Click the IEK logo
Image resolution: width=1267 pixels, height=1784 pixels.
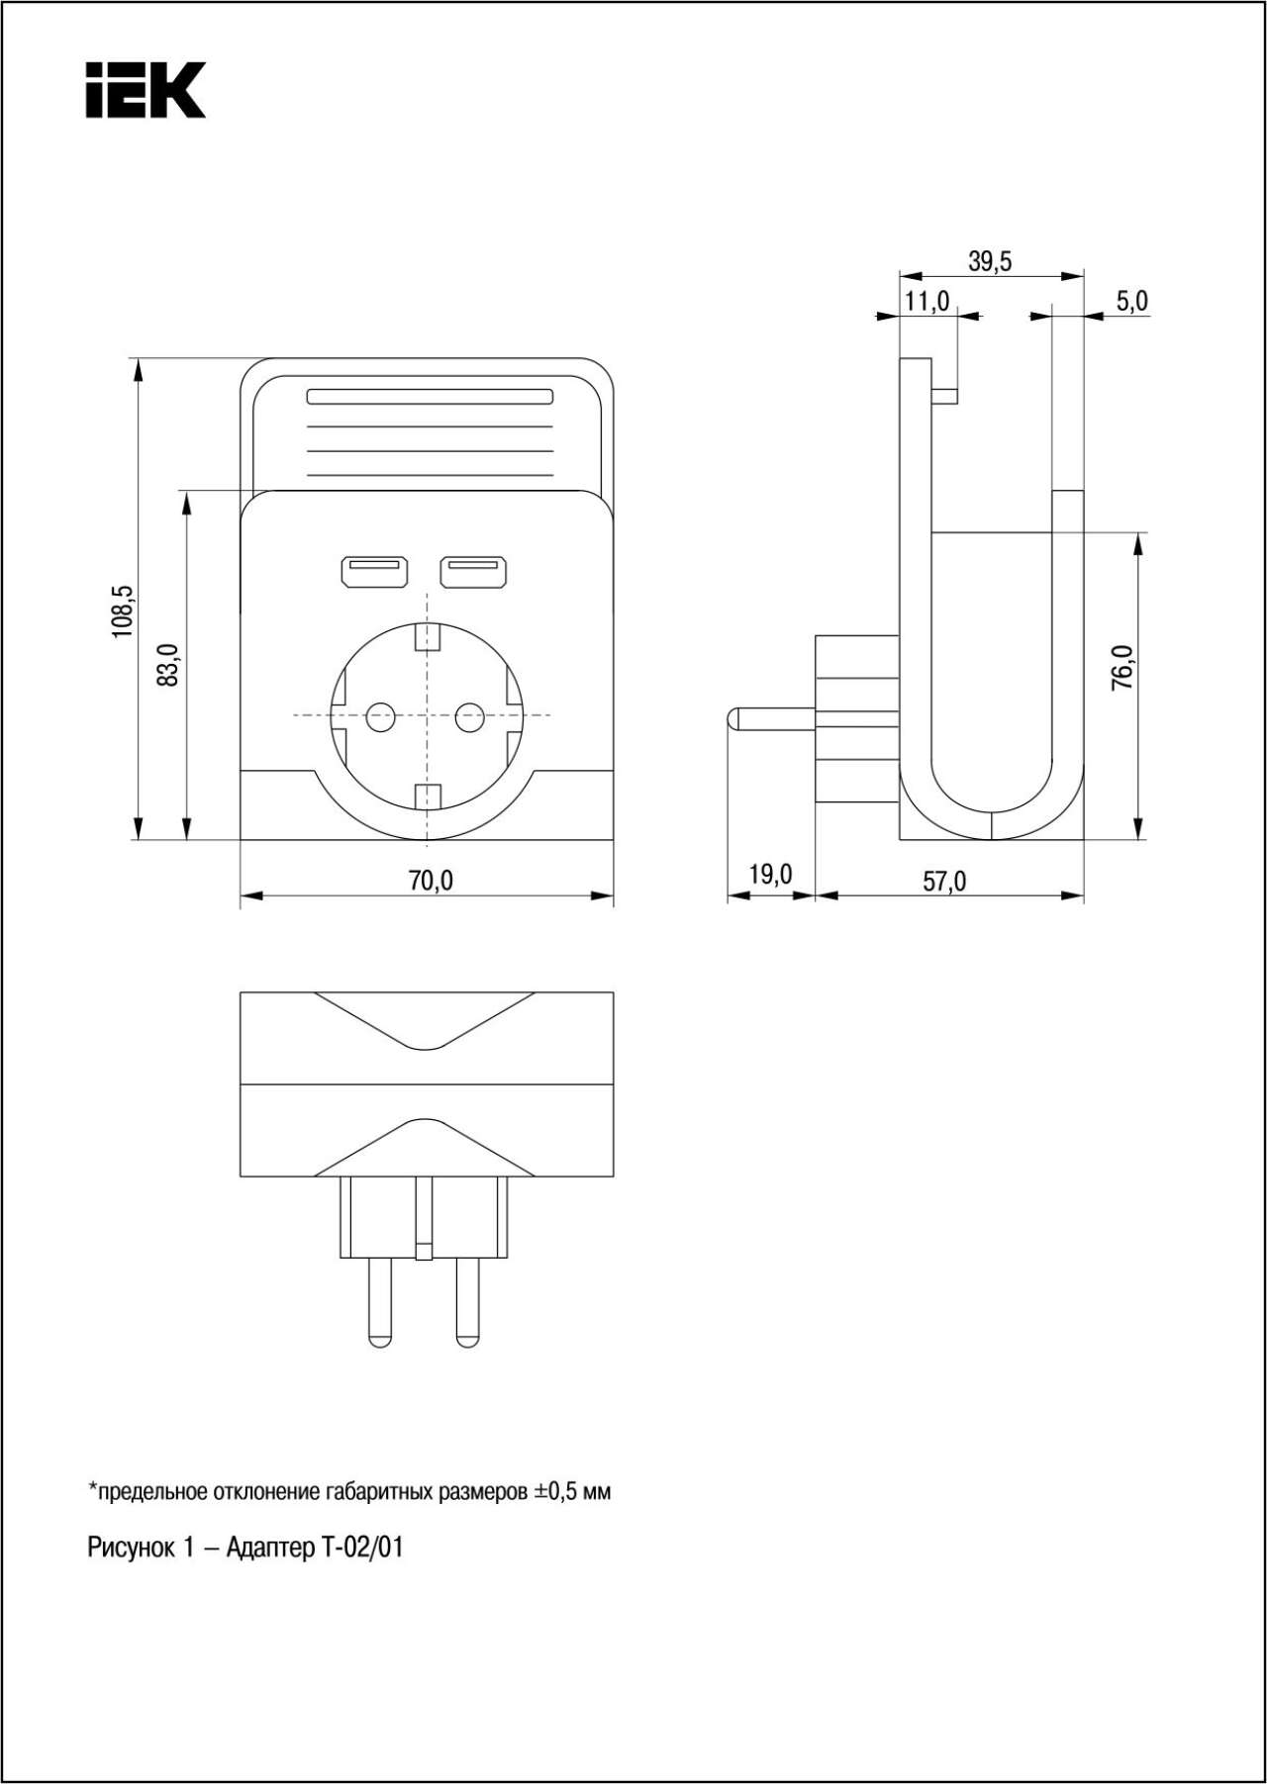point(146,90)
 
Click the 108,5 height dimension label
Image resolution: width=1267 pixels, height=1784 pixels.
point(123,610)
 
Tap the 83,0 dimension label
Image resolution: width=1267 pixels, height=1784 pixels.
point(170,665)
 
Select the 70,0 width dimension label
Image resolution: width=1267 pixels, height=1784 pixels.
point(431,880)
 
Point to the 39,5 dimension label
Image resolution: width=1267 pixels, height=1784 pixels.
point(990,261)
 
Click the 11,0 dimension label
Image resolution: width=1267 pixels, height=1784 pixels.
point(927,301)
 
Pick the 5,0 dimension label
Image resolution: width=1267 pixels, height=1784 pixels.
point(1132,301)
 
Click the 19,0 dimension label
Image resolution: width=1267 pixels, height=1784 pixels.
point(770,875)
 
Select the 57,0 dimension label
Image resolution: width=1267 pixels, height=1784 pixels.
point(944,881)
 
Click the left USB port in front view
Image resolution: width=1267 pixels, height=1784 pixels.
point(374,572)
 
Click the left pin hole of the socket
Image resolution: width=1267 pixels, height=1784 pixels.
point(381,717)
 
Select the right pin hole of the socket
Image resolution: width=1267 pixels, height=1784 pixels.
point(469,717)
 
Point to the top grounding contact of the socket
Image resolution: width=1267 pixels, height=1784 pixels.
point(428,636)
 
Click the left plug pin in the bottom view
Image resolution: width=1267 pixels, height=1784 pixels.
point(379,1302)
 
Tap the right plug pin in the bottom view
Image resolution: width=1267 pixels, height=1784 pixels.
point(467,1302)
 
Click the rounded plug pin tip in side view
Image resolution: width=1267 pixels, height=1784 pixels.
point(732,719)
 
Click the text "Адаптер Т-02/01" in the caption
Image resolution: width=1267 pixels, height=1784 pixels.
point(315,1548)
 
